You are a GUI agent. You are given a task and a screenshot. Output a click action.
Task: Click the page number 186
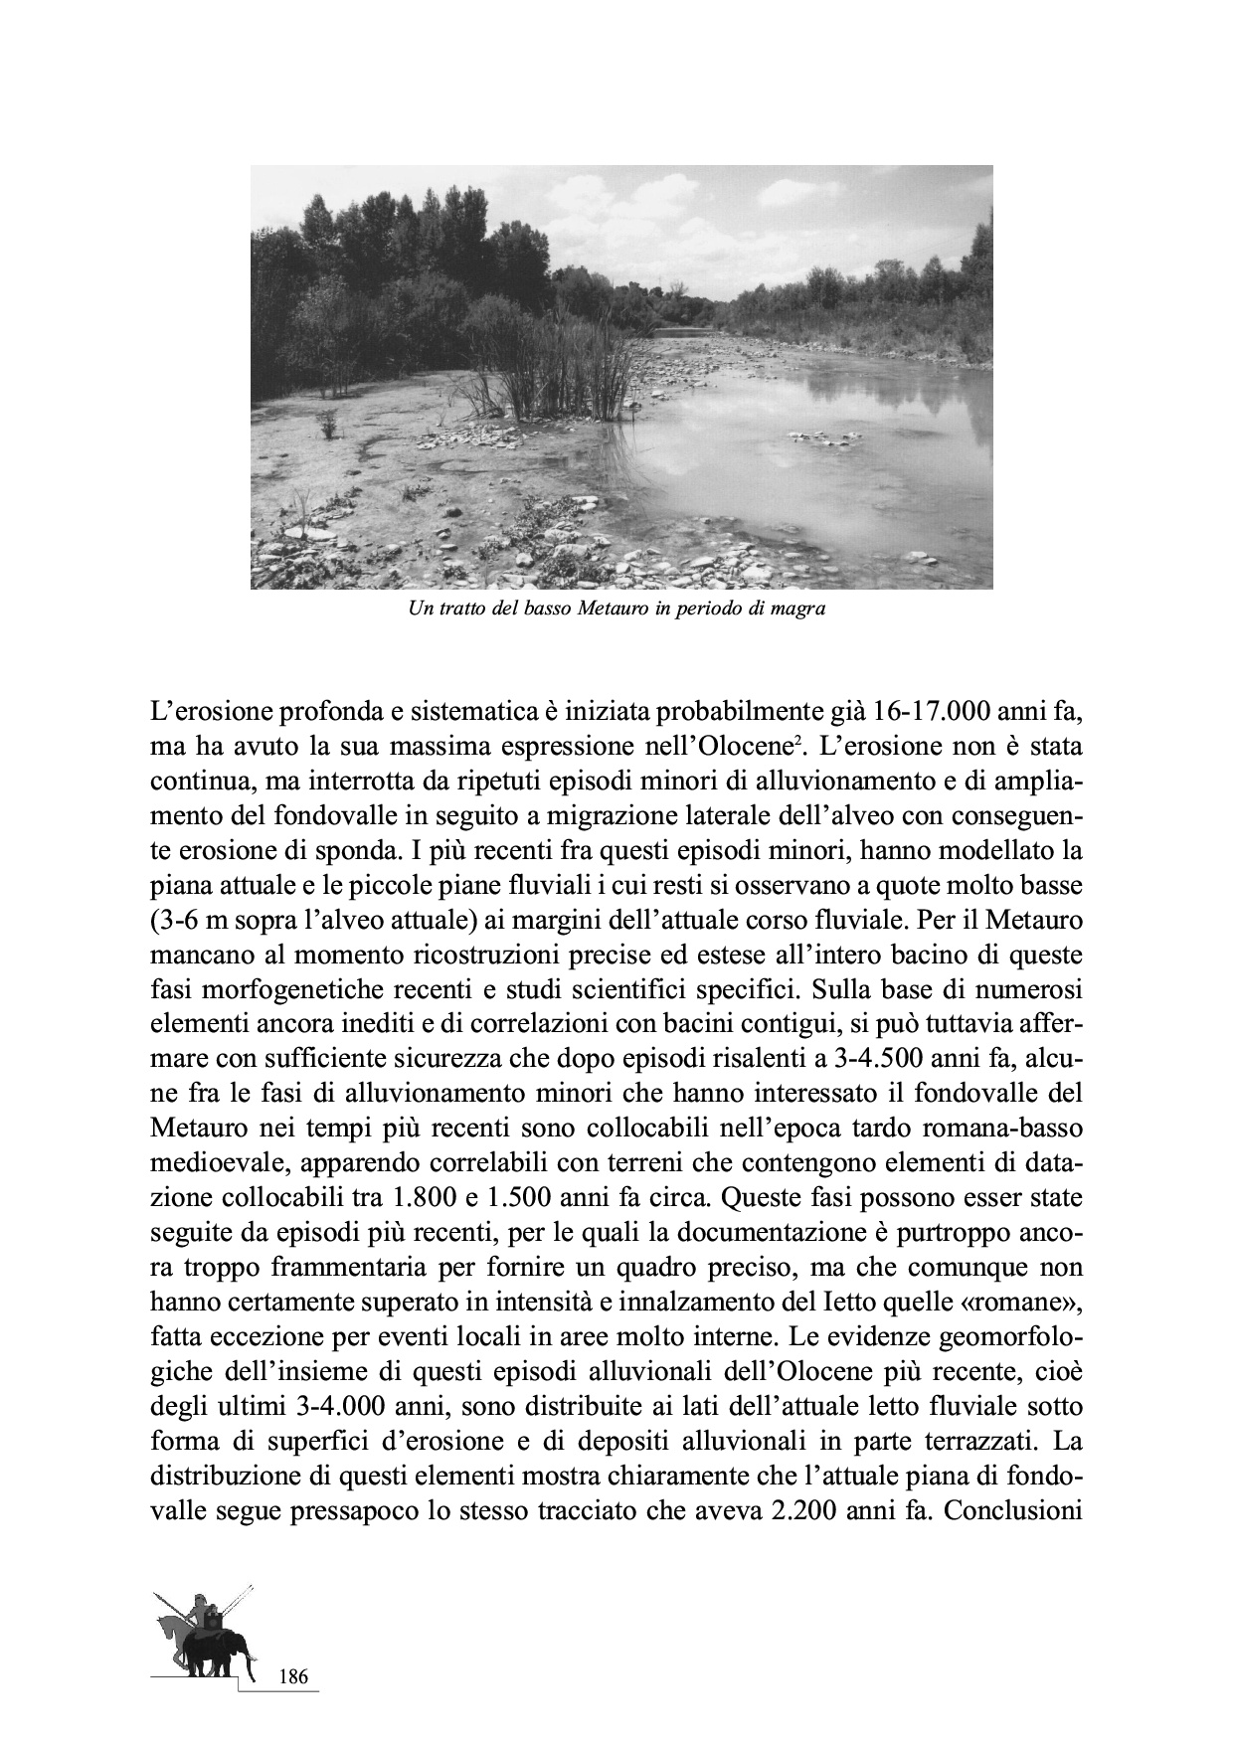coord(294,1677)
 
